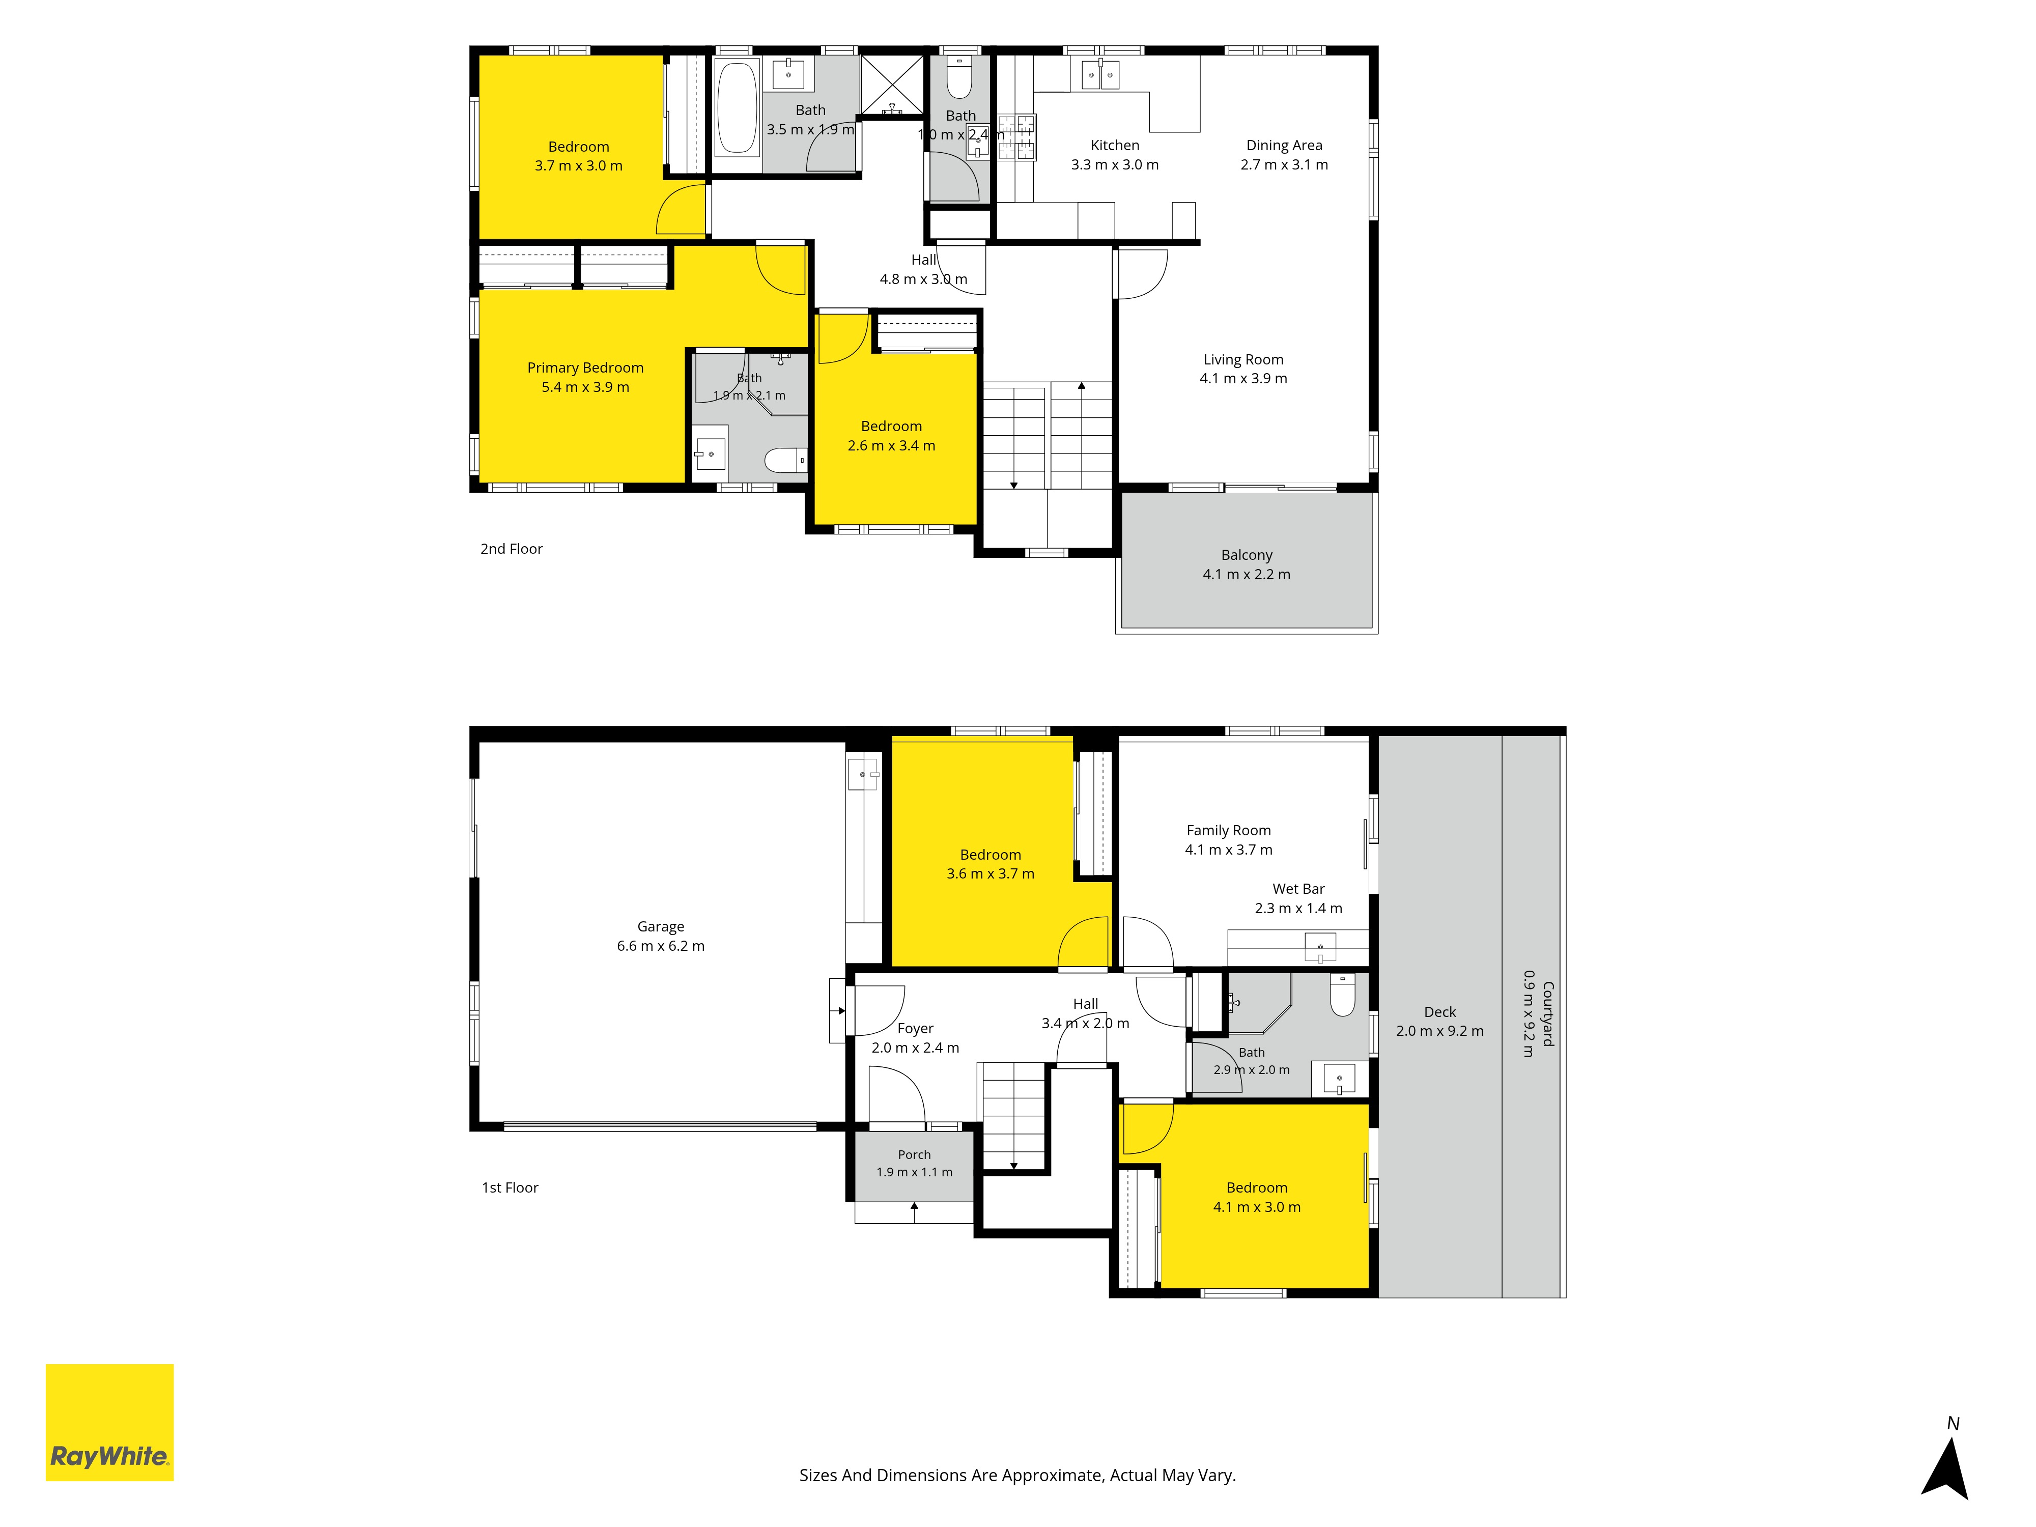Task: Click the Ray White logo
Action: point(109,1422)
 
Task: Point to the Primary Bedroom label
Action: point(585,368)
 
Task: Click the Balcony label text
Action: point(1247,555)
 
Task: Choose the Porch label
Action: point(914,1154)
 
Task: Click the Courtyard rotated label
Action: point(1548,1013)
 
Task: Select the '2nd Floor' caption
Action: point(512,549)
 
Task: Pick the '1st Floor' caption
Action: point(510,1187)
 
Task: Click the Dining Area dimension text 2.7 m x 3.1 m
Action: point(1284,165)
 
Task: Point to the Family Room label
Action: point(1229,830)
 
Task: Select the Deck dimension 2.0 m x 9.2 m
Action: point(1439,1031)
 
